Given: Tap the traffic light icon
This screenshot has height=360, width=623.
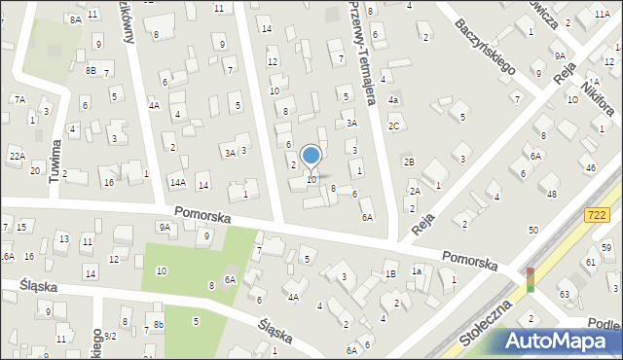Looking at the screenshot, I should pyautogui.click(x=531, y=279).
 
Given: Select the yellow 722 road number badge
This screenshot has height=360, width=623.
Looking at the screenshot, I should pyautogui.click(x=600, y=213).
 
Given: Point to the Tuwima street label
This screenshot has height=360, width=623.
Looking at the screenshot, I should pyautogui.click(x=56, y=154).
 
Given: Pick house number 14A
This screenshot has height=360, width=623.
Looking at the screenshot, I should pyautogui.click(x=177, y=182).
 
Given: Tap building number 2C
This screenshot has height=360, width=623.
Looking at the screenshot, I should pyautogui.click(x=394, y=126).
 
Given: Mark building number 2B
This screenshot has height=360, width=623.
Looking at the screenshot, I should pyautogui.click(x=410, y=162).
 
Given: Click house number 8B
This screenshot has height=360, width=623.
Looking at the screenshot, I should pyautogui.click(x=91, y=70).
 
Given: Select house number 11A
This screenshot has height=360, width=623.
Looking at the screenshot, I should pyautogui.click(x=602, y=14).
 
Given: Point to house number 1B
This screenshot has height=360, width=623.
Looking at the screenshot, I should pyautogui.click(x=390, y=274).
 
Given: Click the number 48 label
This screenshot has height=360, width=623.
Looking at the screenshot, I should pyautogui.click(x=552, y=194).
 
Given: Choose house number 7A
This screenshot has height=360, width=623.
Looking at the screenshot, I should pyautogui.click(x=18, y=99).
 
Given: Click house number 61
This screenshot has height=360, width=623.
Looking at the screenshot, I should pyautogui.click(x=591, y=262).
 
